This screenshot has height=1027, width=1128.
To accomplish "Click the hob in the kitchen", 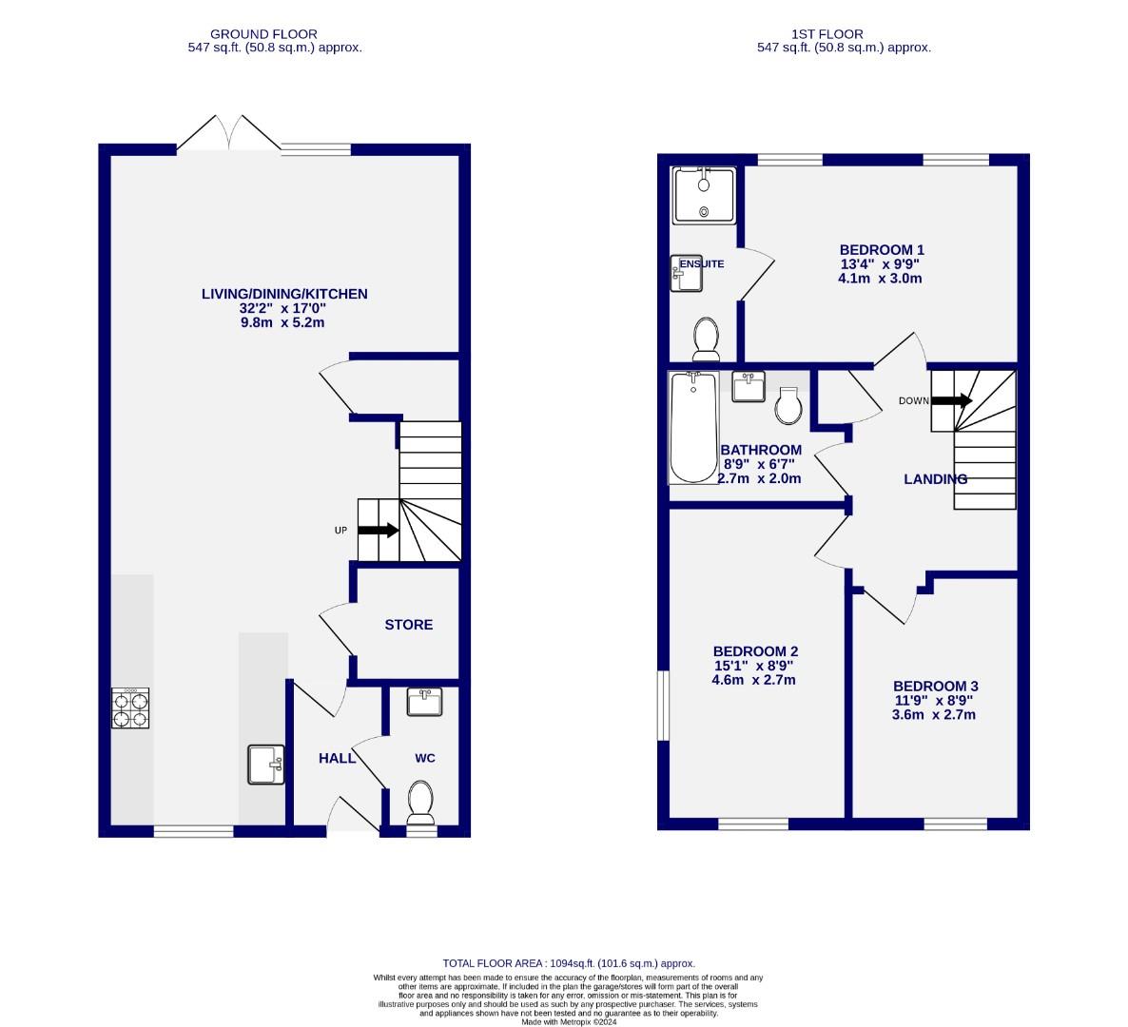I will [131, 709].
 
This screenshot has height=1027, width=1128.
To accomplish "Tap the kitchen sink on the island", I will [266, 765].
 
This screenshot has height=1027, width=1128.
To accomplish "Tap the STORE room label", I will [408, 625].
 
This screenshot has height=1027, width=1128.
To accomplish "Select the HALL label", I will [337, 758].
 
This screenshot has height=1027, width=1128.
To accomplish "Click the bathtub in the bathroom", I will [693, 427].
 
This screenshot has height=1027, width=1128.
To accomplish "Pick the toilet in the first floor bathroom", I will [789, 405].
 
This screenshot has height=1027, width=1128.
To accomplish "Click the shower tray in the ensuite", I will [704, 196].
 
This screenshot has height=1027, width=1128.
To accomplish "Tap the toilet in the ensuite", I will [706, 339].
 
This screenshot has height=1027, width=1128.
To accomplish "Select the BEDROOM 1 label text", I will [880, 249].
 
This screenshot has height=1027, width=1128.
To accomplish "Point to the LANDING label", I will [935, 479].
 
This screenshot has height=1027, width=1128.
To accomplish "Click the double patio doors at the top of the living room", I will [228, 134].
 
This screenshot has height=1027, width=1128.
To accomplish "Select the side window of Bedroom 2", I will [663, 707].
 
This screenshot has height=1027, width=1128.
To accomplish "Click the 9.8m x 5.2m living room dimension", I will [282, 322].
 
